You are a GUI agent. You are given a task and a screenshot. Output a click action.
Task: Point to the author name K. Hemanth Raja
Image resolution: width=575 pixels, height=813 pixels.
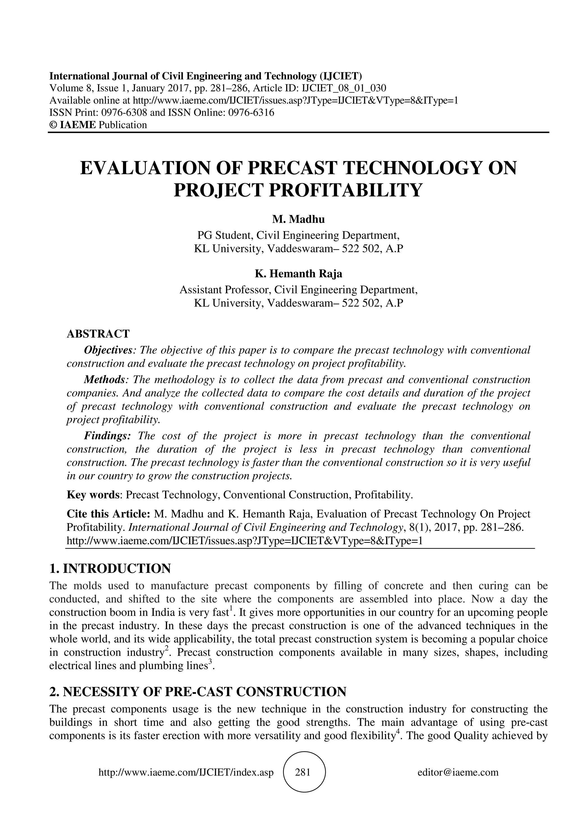pyautogui.click(x=298, y=274)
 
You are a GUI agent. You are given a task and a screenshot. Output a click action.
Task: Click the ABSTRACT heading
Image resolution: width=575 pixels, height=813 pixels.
pyautogui.click(x=98, y=334)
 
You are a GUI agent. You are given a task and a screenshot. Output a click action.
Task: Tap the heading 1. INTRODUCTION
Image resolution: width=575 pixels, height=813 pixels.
pyautogui.click(x=110, y=569)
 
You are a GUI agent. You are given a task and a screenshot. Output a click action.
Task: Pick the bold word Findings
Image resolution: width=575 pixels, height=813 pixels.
pyautogui.click(x=107, y=435)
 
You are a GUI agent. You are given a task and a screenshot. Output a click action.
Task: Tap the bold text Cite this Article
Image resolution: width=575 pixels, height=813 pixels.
pyautogui.click(x=109, y=514)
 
